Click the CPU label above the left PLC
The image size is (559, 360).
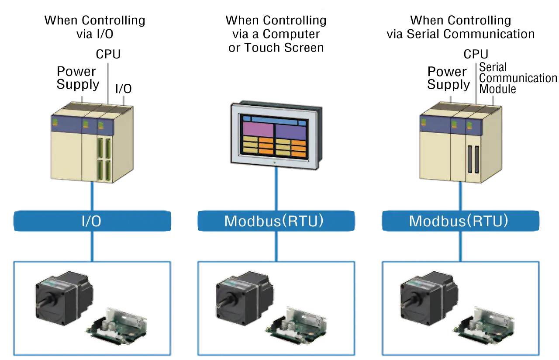pos(108,54)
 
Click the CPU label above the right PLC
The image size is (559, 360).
pos(476,54)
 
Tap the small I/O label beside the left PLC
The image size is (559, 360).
pos(123,89)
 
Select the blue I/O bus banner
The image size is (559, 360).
pos(91,221)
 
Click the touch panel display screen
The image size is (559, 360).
pos(274,135)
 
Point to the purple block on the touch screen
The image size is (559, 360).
pos(258,130)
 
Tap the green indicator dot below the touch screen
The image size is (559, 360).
pos(274,162)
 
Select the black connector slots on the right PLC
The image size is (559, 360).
pos(473,160)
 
